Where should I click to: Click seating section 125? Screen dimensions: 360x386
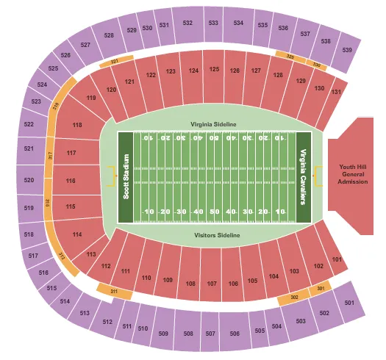coord(215,70)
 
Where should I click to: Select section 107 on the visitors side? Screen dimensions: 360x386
coord(212,284)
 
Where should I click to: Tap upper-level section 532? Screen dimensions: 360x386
coord(188,23)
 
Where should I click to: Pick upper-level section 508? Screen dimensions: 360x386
coord(189,334)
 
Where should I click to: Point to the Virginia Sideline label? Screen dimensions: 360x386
coord(214,125)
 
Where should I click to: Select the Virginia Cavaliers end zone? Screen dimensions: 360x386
coord(302,177)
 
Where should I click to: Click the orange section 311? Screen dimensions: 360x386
coord(114,292)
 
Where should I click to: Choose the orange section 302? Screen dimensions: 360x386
coord(294,297)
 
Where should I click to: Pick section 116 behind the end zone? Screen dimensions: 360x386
coord(71,181)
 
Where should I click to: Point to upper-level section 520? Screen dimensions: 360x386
coord(29,179)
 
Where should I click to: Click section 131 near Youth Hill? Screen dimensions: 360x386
coord(337,93)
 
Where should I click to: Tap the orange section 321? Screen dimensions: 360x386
coord(115,63)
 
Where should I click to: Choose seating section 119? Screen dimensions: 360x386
coord(92,98)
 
